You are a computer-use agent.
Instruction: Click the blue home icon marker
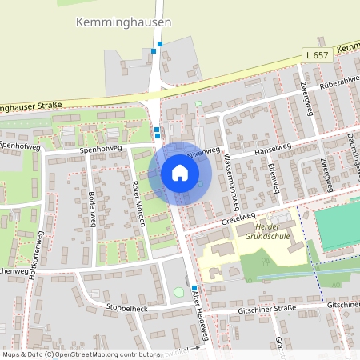pyautogui.click(x=179, y=172)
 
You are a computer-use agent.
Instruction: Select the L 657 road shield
pyautogui.click(x=317, y=55)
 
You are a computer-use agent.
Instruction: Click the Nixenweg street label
pyautogui.click(x=202, y=150)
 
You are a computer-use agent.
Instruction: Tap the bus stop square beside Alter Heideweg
pyautogui.click(x=194, y=287)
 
